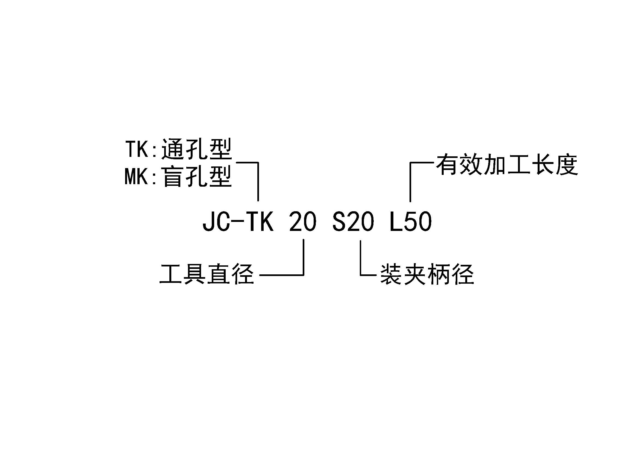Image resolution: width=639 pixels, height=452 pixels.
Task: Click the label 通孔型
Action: pos(196,149)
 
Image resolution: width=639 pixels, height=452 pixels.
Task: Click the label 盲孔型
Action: pos(196,177)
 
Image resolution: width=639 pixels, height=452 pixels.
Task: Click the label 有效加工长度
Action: pos(507,165)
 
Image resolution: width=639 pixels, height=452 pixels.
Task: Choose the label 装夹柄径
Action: pos(427,274)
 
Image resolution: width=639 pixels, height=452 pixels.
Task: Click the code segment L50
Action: pos(411,222)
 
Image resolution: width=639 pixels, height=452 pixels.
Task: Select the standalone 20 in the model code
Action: pos(303,222)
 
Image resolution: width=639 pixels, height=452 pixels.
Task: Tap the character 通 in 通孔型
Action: pos(173,149)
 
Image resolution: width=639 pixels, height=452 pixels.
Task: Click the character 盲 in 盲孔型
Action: pos(173,177)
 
